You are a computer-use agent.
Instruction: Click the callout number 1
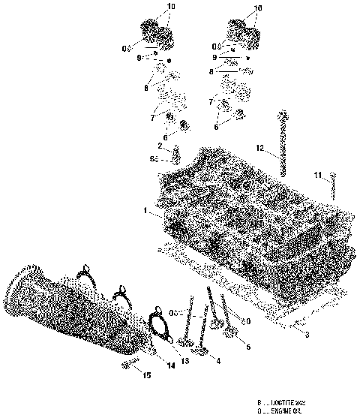coord(145,212)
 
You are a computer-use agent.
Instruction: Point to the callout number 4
coord(218,361)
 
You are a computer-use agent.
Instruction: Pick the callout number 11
coord(318,175)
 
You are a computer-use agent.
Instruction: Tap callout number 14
coord(171,365)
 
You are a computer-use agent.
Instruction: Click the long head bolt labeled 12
coord(283,143)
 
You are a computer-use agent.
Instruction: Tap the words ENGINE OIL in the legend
coord(286,410)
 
